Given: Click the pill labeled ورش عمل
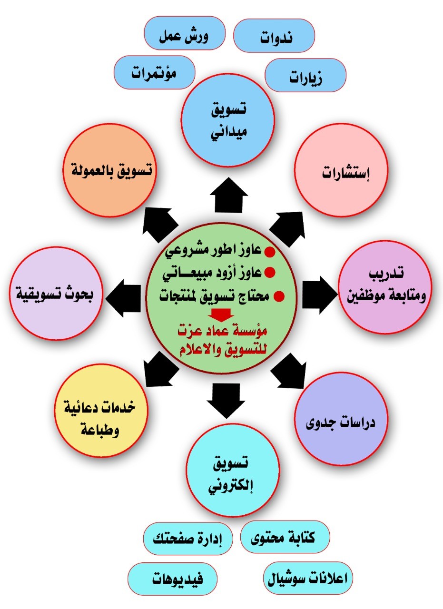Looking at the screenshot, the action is click(x=185, y=33).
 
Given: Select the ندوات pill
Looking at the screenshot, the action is click(x=274, y=36).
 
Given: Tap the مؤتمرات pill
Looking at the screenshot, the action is click(x=155, y=72).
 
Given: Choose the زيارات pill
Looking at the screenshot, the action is click(x=305, y=75).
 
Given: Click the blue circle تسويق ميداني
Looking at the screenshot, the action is click(x=228, y=120).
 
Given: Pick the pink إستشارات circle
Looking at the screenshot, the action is click(x=341, y=170).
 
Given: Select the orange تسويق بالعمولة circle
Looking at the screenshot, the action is click(x=110, y=170).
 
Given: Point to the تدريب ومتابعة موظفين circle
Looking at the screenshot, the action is click(x=385, y=287).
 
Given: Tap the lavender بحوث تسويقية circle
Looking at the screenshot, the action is click(x=56, y=294).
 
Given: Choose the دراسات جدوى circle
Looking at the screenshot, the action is click(x=341, y=419).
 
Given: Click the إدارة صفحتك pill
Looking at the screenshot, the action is click(x=188, y=539).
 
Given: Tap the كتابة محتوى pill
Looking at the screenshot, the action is click(x=285, y=537).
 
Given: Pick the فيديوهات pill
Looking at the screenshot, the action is click(x=173, y=579).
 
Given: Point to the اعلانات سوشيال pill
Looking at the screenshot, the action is click(x=308, y=578).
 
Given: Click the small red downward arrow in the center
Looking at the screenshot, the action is click(x=221, y=315).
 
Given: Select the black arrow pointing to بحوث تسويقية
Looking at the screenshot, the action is click(x=123, y=298).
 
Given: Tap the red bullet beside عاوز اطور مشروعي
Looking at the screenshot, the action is click(x=270, y=252).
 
